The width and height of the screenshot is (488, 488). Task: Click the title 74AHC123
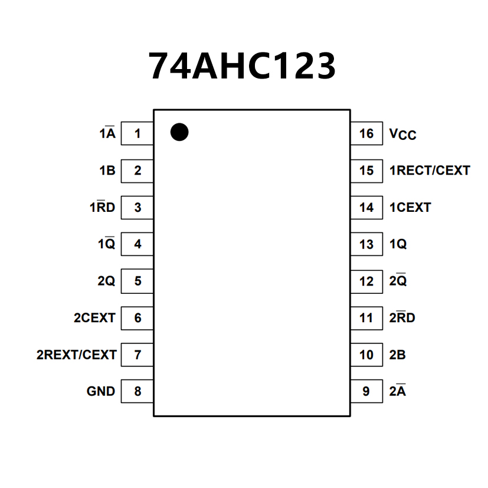coord(242,65)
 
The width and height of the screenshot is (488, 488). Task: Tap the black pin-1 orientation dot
coord(179,132)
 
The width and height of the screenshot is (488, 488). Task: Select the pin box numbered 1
coord(137,134)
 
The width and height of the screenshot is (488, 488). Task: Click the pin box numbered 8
coord(137,391)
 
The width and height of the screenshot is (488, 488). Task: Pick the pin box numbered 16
coord(366,134)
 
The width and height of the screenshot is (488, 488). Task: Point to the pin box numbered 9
coord(366,391)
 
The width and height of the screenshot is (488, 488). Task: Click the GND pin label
coord(101,391)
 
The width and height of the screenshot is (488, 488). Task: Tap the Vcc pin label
coord(402,135)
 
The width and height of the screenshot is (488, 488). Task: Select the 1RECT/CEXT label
coord(430,171)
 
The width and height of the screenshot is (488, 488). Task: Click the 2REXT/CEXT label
coord(77,355)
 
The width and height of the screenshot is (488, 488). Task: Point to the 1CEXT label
coord(410,208)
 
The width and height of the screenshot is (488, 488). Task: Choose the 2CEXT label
coord(94,318)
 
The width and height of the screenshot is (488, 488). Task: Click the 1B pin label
coord(107,171)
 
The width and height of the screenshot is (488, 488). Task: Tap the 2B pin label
coord(397,355)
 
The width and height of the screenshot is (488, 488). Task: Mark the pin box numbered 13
coord(366,244)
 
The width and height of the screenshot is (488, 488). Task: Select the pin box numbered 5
coord(137,281)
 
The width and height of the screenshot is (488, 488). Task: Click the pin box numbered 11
coord(366,318)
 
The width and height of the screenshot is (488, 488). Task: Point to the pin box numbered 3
coord(137,208)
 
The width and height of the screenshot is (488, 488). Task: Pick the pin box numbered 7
coord(137,355)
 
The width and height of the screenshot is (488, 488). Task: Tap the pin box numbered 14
coord(366,208)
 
